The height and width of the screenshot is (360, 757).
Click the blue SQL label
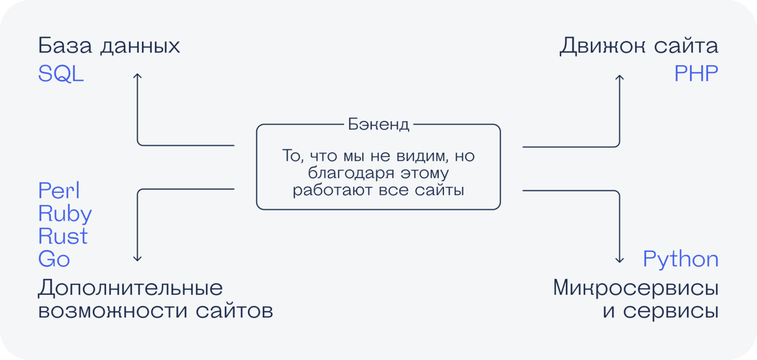pyautogui.click(x=61, y=74)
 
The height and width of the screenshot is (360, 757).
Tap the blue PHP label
pyautogui.click(x=696, y=74)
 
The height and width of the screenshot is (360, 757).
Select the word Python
pyautogui.click(x=680, y=259)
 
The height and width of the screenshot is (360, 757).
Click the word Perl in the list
pyautogui.click(x=59, y=191)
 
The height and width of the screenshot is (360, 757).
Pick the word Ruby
pyautogui.click(x=65, y=214)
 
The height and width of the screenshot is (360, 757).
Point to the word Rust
pyautogui.click(x=63, y=237)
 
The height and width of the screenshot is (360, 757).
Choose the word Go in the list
pyautogui.click(x=54, y=259)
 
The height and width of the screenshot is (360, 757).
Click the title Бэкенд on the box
pyautogui.click(x=378, y=124)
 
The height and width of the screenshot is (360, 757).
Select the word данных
pyautogui.click(x=140, y=47)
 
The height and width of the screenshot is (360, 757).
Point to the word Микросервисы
pyautogui.click(x=635, y=288)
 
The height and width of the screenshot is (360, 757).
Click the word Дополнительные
pyautogui.click(x=130, y=289)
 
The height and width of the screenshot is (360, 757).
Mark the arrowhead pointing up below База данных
pyautogui.click(x=138, y=76)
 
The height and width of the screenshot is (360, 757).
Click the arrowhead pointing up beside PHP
pyautogui.click(x=619, y=77)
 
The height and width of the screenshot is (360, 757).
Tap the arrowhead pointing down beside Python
pyautogui.click(x=619, y=259)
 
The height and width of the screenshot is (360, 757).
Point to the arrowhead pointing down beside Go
pyautogui.click(x=138, y=258)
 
